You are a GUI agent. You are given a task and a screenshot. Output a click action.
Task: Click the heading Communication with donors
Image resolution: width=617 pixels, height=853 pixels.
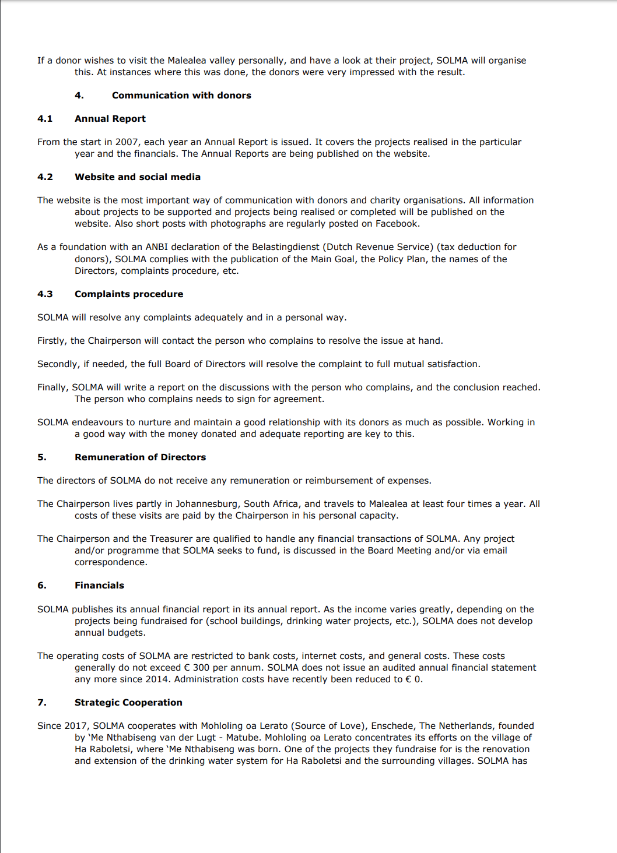(181, 96)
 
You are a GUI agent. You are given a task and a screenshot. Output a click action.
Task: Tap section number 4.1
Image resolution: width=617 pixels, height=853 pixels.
(45, 119)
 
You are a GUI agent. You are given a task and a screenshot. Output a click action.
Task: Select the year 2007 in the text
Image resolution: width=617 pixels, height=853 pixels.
(127, 142)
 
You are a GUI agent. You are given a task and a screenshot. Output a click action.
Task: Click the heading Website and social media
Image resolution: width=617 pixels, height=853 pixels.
(137, 177)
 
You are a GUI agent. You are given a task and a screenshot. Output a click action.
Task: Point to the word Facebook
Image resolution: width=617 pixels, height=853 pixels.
(397, 224)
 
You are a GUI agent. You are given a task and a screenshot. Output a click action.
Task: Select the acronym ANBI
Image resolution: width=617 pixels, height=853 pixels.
(156, 247)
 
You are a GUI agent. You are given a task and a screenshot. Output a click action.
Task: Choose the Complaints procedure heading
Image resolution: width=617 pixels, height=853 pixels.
(128, 294)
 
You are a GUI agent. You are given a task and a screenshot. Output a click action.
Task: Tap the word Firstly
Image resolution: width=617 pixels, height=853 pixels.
(52, 341)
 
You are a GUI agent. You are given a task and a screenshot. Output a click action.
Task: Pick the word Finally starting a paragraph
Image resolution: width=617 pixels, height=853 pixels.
(53, 387)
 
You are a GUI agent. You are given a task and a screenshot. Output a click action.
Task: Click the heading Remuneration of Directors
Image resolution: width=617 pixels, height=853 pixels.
(140, 457)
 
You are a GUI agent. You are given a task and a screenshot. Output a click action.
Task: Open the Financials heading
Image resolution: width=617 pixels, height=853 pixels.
(99, 586)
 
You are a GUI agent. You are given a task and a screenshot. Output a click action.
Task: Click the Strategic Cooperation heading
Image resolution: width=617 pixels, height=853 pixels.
(128, 703)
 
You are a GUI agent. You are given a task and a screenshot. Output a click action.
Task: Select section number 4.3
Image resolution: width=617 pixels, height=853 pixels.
(45, 294)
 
